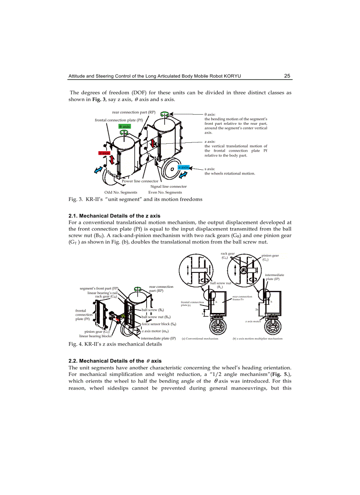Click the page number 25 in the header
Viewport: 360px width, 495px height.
pyautogui.click(x=287, y=76)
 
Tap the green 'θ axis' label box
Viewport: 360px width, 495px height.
pyautogui.click(x=125, y=127)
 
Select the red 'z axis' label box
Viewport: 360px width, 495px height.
pyautogui.click(x=104, y=153)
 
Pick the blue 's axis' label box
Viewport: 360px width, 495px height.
pyautogui.click(x=184, y=167)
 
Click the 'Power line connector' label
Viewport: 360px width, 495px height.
pyautogui.click(x=140, y=181)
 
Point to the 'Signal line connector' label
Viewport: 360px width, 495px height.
pyautogui.click(x=169, y=186)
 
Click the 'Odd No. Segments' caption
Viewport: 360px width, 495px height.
pyautogui.click(x=120, y=192)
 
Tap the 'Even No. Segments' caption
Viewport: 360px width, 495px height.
pyautogui.click(x=165, y=192)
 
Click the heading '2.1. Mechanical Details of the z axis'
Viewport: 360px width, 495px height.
pyautogui.click(x=114, y=216)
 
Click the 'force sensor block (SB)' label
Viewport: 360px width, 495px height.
pyautogui.click(x=159, y=324)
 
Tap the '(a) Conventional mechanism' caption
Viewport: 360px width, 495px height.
pyautogui.click(x=200, y=339)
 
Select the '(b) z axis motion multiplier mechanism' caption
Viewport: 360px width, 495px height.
pyautogui.click(x=257, y=339)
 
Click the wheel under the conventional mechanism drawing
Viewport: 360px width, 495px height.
pyautogui.click(x=216, y=327)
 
